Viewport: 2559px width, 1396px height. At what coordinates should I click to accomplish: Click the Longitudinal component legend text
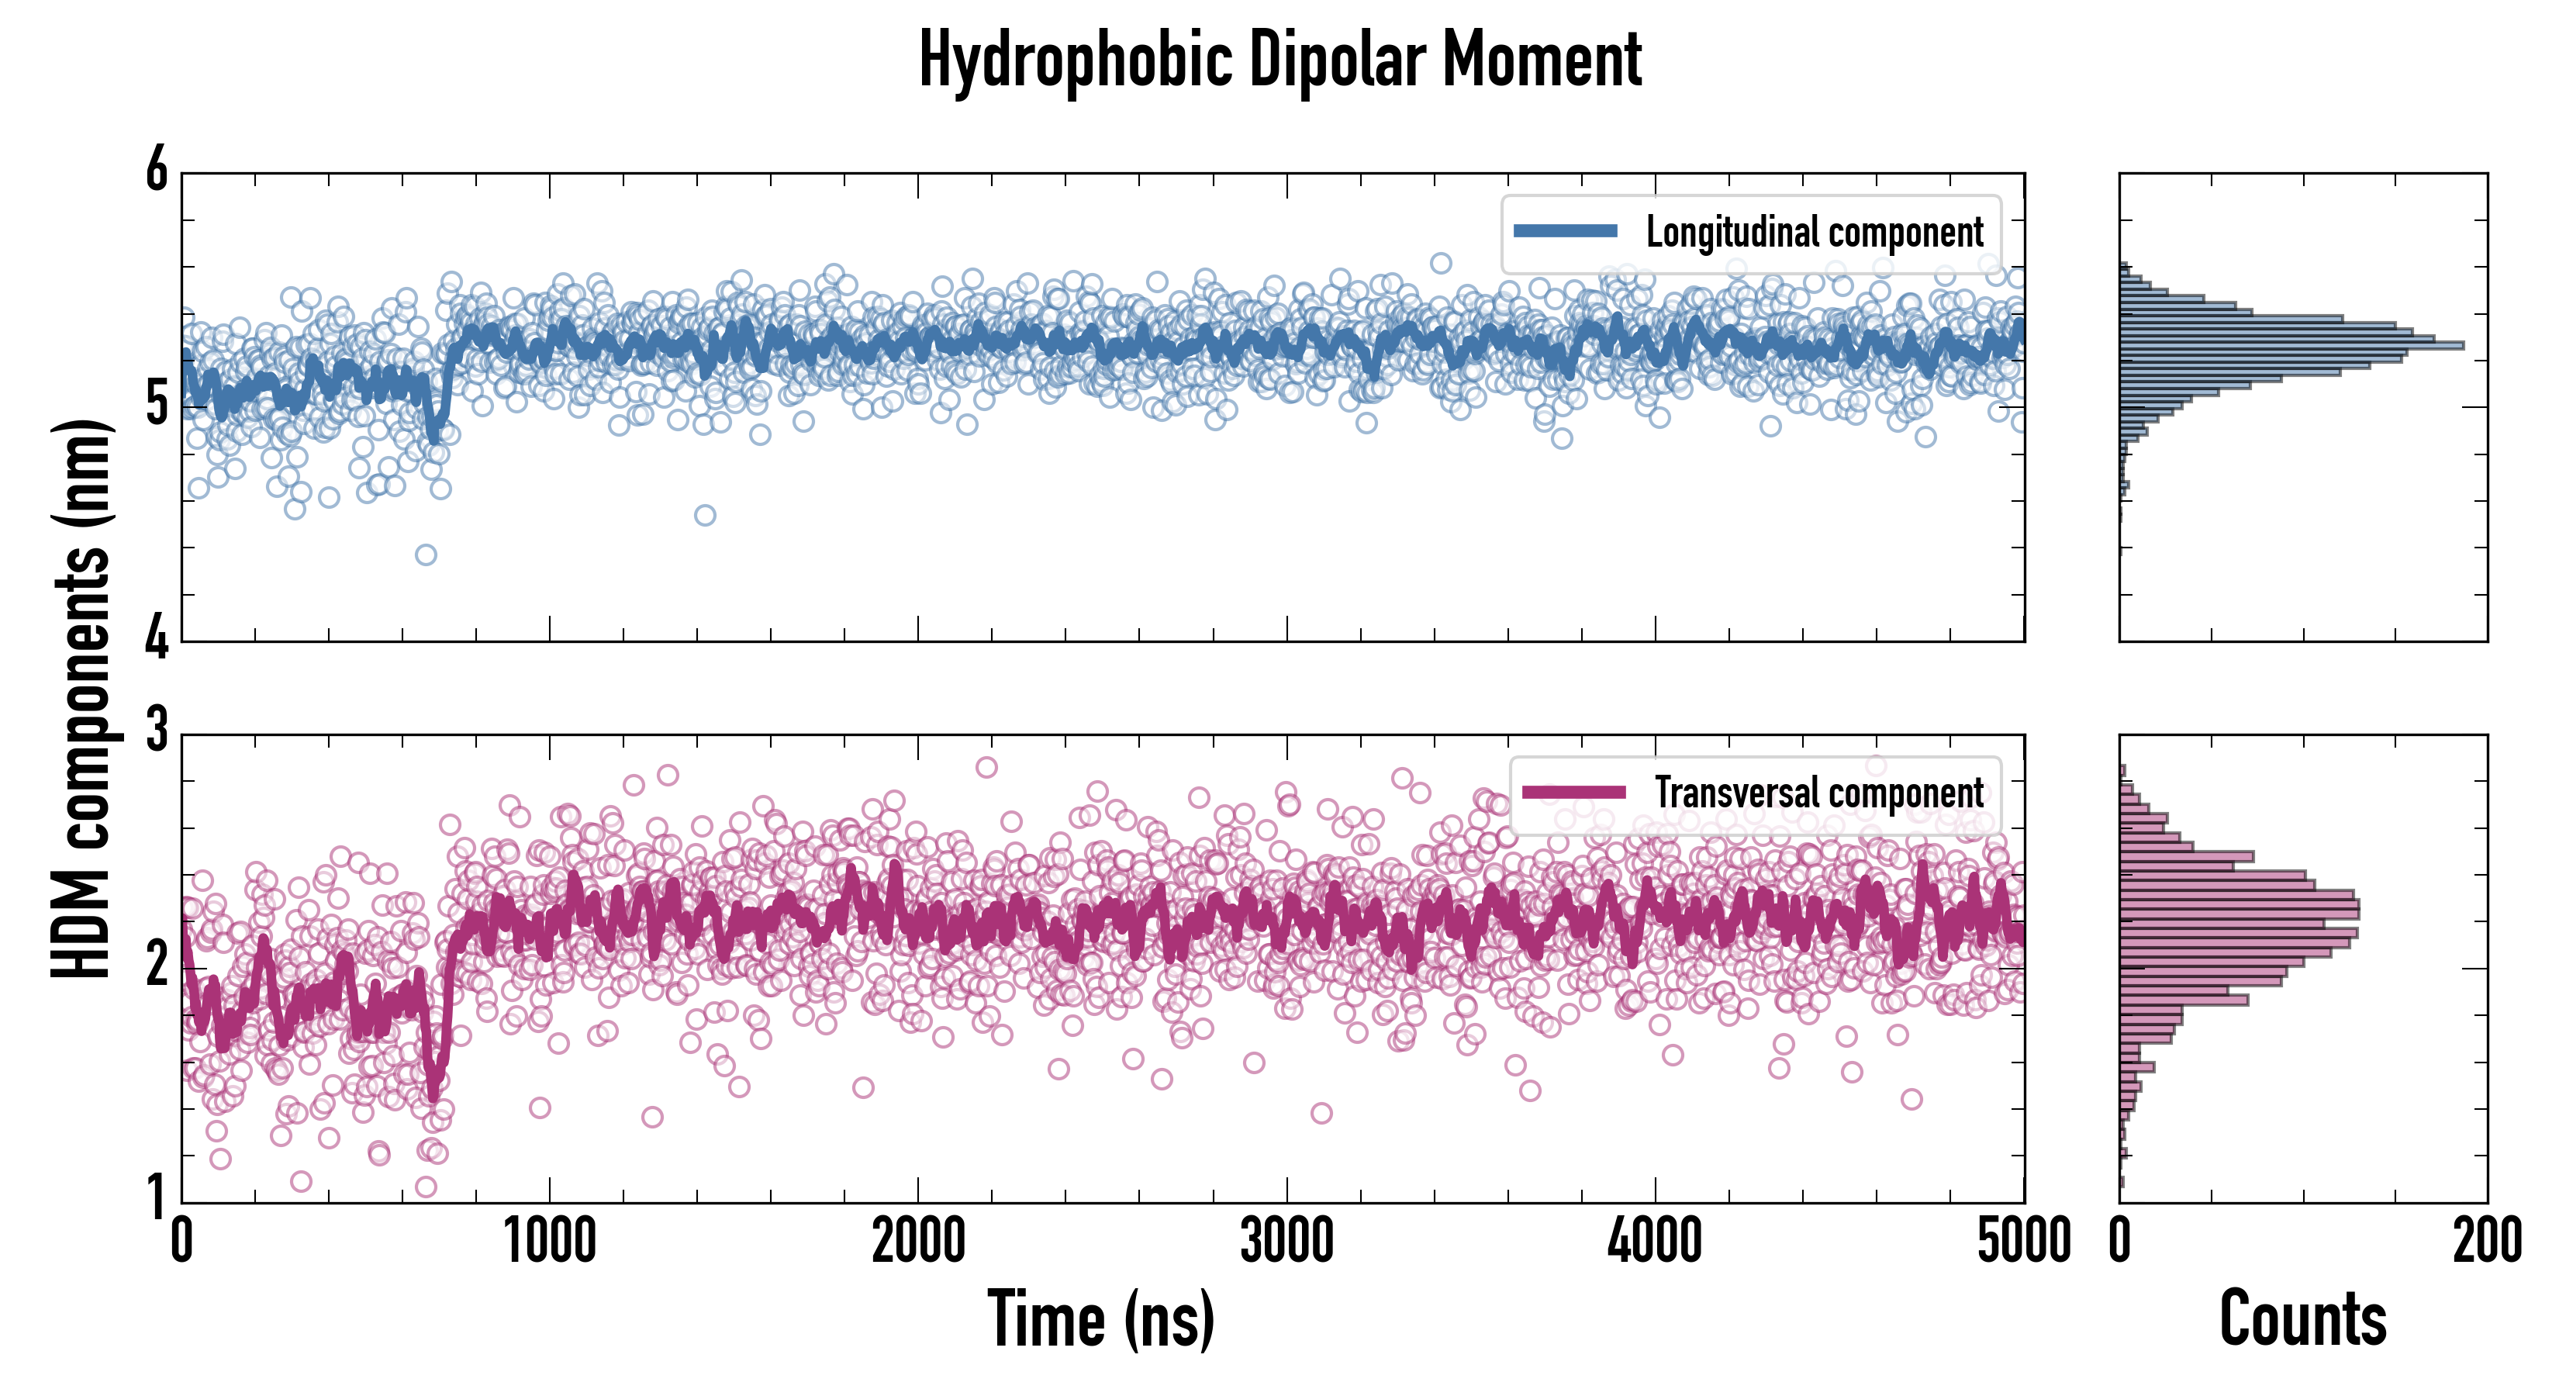point(1814,233)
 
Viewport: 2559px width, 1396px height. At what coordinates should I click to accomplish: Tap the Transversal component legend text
point(1819,793)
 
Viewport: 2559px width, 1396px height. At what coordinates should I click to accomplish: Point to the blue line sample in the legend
point(1565,232)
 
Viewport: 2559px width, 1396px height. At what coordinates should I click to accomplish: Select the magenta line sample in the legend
point(1573,793)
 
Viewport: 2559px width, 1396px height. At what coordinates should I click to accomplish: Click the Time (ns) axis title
point(1100,1318)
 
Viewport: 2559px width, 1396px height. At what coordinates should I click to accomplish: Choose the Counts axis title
point(2302,1318)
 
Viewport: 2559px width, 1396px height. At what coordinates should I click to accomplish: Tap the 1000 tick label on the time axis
point(549,1241)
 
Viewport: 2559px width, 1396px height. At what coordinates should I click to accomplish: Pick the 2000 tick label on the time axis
point(918,1241)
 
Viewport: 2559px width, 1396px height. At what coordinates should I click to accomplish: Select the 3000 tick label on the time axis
point(1286,1241)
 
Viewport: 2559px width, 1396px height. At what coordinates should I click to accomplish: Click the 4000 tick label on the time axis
point(1655,1241)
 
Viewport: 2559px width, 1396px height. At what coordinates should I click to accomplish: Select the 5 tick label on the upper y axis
point(157,404)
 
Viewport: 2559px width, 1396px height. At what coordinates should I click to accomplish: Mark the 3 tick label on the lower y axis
point(157,731)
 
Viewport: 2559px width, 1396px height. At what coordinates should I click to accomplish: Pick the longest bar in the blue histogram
point(2290,346)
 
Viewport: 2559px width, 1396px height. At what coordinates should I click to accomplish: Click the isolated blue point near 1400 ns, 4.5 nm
point(704,515)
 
